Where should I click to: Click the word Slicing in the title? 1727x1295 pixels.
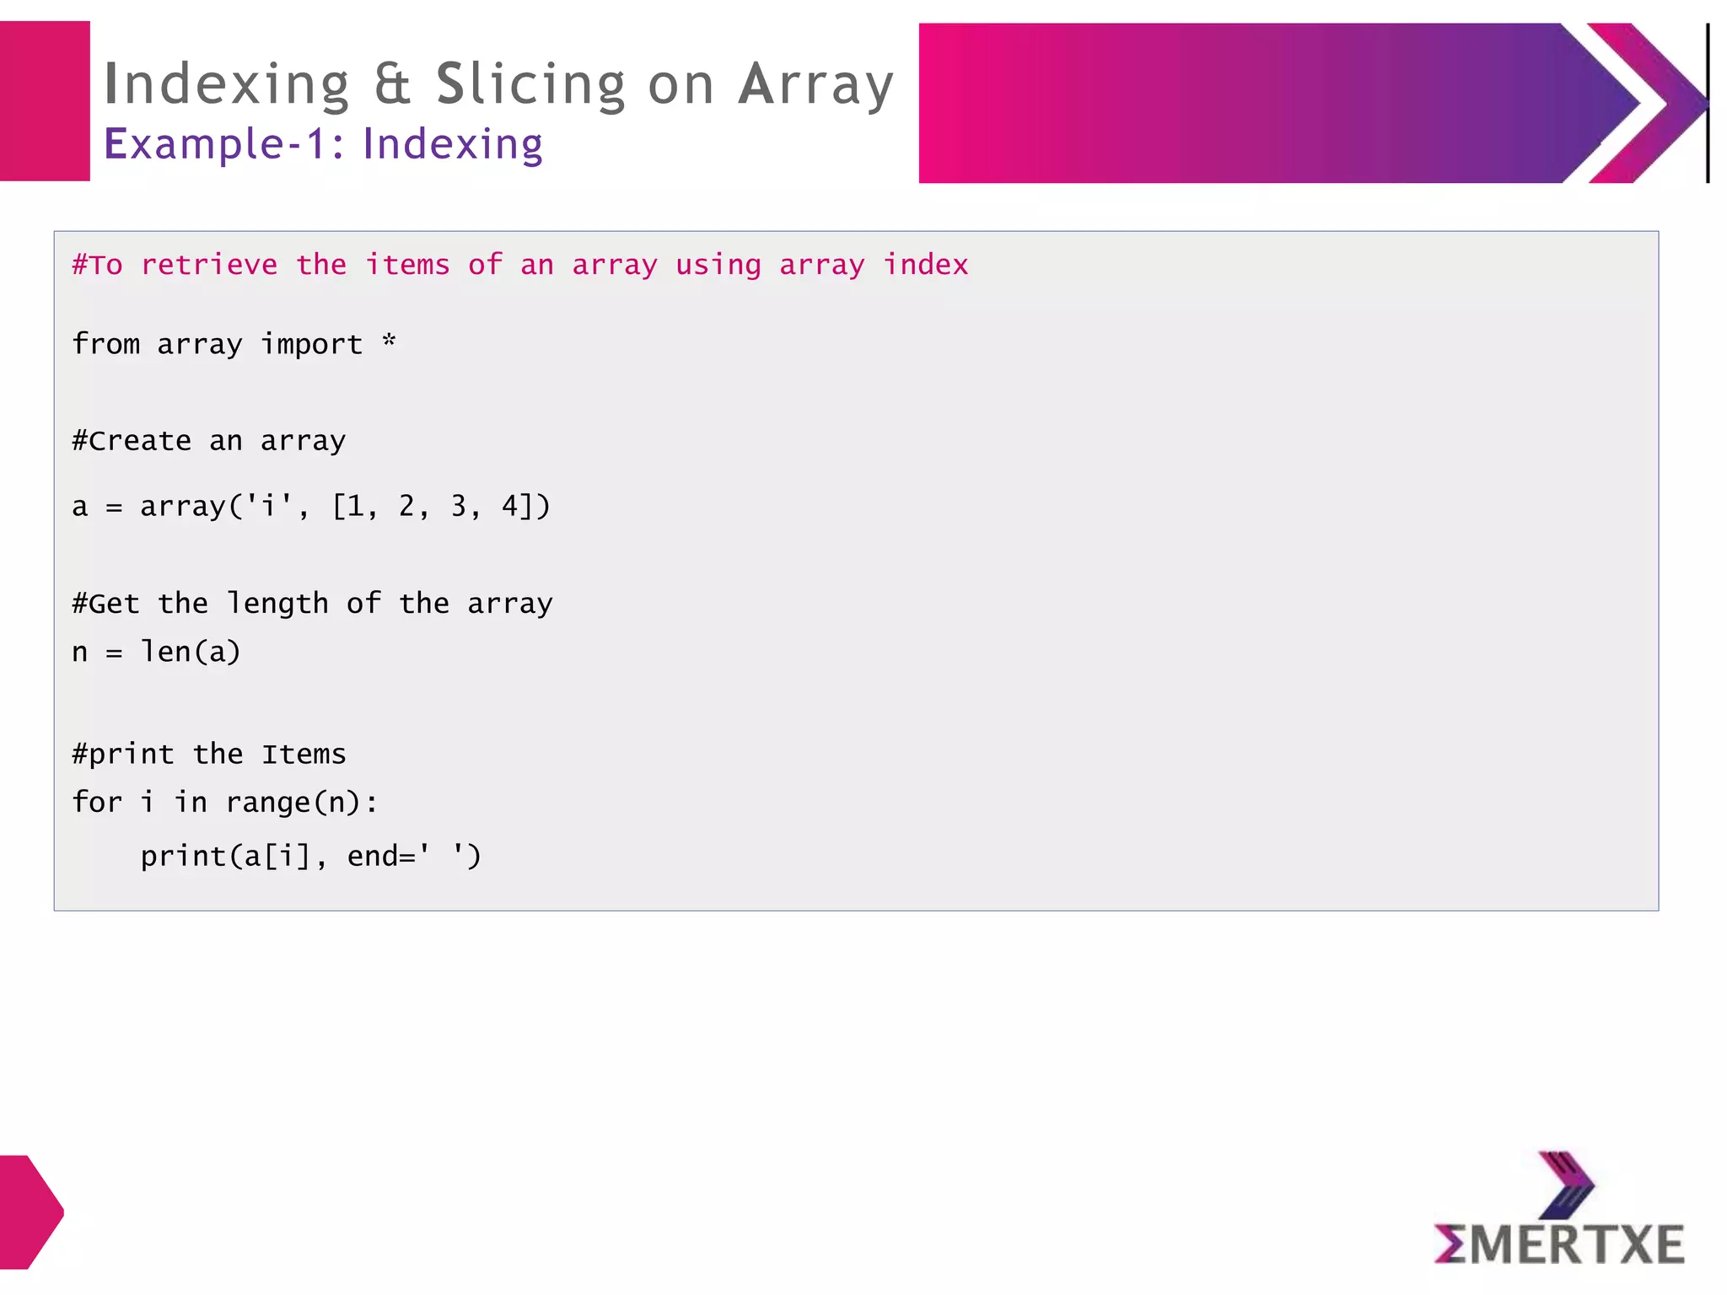tap(530, 84)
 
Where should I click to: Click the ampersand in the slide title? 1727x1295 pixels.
tap(392, 84)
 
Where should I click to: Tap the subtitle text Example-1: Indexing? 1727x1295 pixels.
tap(323, 143)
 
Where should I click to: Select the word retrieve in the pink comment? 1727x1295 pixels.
tap(209, 265)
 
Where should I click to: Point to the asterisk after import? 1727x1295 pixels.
tap(389, 341)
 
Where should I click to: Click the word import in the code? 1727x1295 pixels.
tap(311, 344)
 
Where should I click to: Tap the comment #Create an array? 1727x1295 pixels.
tap(209, 441)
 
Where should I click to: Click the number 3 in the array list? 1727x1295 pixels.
tap(458, 506)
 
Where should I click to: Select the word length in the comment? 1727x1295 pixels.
tap(277, 604)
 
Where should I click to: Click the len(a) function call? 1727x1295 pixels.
tap(191, 652)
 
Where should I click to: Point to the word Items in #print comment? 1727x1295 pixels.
tap(304, 754)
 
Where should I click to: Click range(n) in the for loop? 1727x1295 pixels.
tap(293, 802)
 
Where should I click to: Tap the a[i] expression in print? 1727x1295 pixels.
tap(277, 857)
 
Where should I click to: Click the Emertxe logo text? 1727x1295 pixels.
tap(1560, 1244)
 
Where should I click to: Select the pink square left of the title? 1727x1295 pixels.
tap(45, 101)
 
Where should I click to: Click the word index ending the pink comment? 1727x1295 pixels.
tap(926, 265)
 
